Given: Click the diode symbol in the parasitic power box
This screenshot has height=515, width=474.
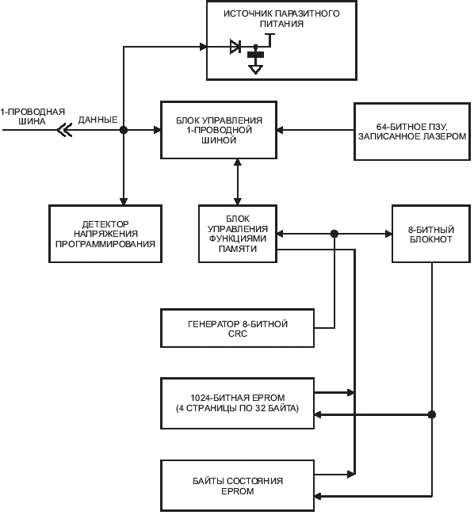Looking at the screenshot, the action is pos(235,47).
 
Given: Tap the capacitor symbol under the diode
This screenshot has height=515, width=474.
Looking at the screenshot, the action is pos(255,55).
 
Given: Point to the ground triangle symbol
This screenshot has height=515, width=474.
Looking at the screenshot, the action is pos(255,69).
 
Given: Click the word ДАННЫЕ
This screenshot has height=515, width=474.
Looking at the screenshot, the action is pos(97,120).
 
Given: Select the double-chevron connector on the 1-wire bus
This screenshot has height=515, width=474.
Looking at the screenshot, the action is pos(64,130).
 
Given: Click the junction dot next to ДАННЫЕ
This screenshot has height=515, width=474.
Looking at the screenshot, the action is pos(124,130).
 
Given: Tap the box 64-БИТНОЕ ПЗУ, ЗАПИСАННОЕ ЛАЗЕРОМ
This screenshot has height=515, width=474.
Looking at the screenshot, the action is pos(412,132).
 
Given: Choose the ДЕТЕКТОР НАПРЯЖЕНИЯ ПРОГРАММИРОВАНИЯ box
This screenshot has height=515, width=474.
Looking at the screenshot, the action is pos(105,234).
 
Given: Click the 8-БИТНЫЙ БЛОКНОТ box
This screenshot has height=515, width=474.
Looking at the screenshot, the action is pos(431,234).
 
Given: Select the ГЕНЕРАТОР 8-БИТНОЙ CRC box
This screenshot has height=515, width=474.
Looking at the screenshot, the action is pos(238,328).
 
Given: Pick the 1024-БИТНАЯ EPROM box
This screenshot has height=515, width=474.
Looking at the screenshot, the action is pos(238,403).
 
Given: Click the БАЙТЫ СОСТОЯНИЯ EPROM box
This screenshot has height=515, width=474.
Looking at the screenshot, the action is pos(238,486).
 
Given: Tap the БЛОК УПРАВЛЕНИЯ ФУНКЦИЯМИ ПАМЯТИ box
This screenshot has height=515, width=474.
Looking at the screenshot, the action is pos(238,234).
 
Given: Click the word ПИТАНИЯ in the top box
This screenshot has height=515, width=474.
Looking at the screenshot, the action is pos(281,24).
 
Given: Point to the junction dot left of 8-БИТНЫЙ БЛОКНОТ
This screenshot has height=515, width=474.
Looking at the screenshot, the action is pos(334,234).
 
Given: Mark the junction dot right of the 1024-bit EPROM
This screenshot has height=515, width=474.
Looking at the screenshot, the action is pos(432,415).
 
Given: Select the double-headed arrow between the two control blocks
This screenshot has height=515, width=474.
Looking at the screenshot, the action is pos(238,182).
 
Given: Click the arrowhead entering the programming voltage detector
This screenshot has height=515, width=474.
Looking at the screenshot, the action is pos(124,201).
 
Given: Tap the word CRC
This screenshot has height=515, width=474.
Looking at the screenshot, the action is pos(238,334).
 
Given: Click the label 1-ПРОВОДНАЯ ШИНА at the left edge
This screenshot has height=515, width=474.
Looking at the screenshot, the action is pos(32,116).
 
